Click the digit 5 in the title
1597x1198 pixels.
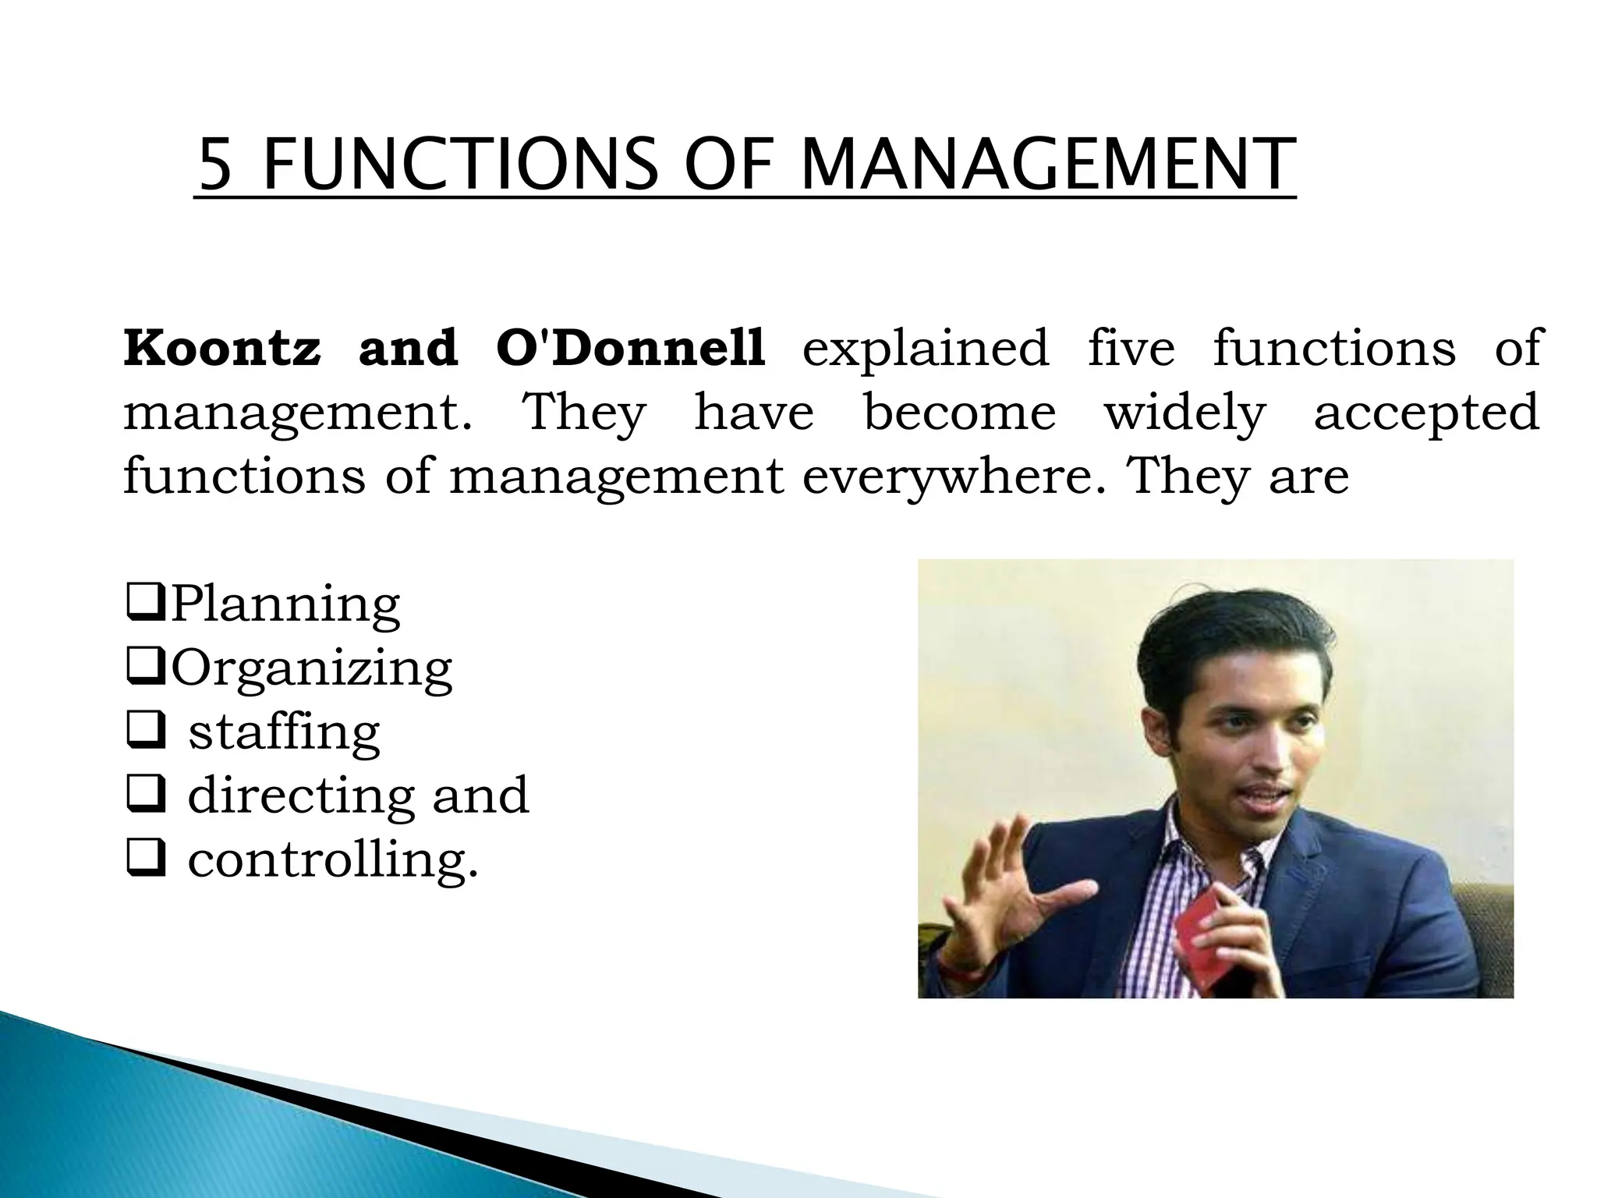216,165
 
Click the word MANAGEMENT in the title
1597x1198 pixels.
1047,165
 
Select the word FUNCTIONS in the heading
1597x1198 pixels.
461,165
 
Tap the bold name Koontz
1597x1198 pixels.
222,348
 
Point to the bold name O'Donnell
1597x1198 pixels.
630,348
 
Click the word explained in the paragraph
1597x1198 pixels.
926,349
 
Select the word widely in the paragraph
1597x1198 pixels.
1184,413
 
